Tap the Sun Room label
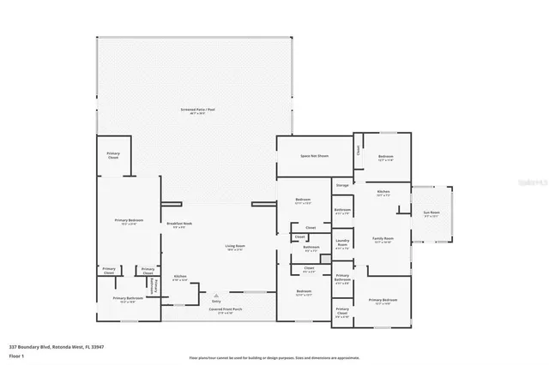(x=431, y=215)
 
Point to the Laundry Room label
(x=341, y=242)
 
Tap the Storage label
(x=341, y=185)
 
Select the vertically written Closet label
(x=358, y=149)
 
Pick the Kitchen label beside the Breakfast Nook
(x=179, y=277)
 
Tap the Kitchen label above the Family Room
(x=383, y=192)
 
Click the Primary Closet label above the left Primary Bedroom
(x=113, y=155)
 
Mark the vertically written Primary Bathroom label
(x=154, y=284)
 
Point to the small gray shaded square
(x=326, y=258)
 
